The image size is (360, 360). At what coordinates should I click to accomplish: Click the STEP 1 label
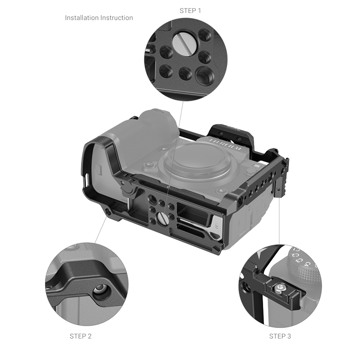190,11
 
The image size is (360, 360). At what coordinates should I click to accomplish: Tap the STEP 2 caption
81,336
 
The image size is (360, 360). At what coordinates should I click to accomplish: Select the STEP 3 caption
280,336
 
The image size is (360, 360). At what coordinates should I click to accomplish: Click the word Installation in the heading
82,18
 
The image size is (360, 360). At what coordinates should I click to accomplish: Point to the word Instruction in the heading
117,18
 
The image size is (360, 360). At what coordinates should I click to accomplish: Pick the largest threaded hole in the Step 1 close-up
205,75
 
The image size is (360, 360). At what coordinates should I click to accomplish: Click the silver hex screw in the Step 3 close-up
280,288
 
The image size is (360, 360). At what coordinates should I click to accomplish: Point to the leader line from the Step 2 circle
101,229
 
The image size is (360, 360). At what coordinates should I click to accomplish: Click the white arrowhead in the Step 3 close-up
261,254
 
